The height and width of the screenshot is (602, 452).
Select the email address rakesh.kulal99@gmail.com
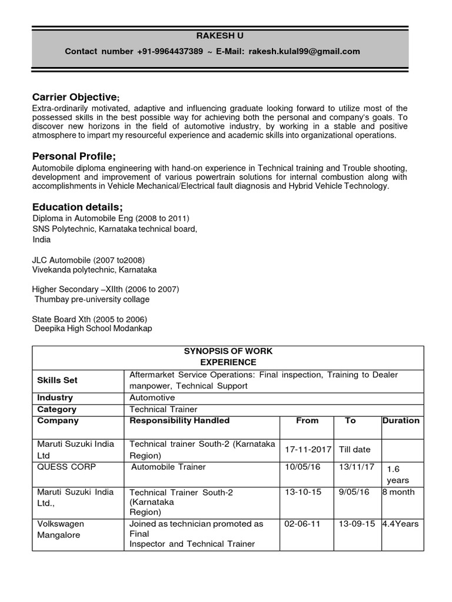tap(304, 52)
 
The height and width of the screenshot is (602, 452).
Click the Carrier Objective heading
tap(76, 96)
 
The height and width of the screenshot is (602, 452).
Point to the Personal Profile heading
tap(74, 156)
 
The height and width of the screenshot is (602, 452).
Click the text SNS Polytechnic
tap(61, 229)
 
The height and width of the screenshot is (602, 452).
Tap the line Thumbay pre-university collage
tap(92, 299)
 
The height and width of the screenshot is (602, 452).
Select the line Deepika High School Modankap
tap(93, 329)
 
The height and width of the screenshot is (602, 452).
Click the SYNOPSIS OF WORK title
tap(228, 351)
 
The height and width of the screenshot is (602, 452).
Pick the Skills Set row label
tap(57, 380)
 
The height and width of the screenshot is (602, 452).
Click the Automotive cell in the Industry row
tap(152, 397)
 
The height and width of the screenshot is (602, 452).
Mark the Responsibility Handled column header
tap(180, 420)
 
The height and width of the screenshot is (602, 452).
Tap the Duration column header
tap(401, 420)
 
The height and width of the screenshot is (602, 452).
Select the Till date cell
tap(354, 449)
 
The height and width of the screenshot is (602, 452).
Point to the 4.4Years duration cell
tap(401, 523)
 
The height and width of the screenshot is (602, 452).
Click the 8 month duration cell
tap(398, 491)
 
